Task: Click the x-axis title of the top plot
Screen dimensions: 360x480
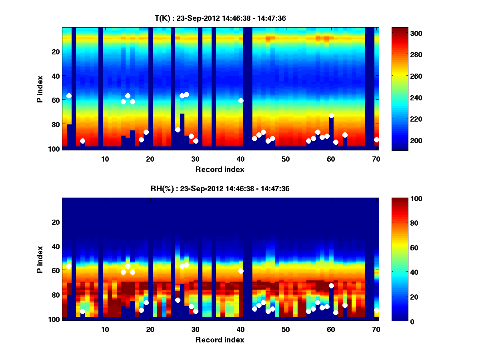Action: pos(220,169)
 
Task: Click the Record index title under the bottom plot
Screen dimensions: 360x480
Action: pos(220,340)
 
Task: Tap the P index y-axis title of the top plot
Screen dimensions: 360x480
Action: pos(40,88)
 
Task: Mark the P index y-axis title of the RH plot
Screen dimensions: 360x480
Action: pos(40,259)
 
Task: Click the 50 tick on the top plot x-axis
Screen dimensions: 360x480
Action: pos(286,159)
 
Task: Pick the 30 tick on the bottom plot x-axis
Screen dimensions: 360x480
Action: pos(195,329)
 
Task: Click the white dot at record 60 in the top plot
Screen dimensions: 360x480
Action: pos(331,115)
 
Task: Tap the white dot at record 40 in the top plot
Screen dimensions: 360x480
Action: pos(241,100)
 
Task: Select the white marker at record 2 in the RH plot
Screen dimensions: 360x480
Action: pos(69,266)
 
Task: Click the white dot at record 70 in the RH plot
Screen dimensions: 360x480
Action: pos(376,310)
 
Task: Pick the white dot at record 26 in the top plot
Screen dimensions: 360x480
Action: pos(178,130)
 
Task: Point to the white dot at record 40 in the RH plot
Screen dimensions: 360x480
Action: pos(241,271)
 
